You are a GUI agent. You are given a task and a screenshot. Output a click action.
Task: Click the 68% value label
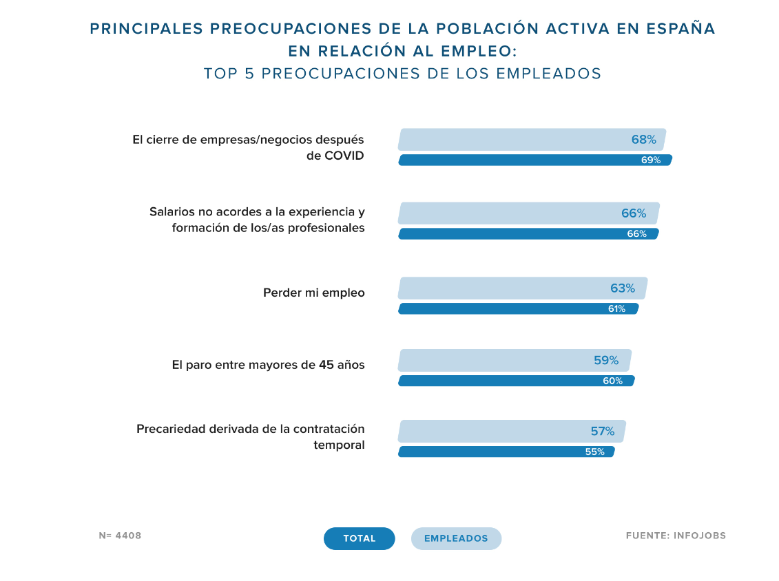(643, 140)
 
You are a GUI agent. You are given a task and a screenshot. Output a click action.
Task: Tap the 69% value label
(650, 160)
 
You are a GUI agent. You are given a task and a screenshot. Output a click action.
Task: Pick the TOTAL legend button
(360, 538)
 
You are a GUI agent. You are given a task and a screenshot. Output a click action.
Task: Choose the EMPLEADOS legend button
(456, 538)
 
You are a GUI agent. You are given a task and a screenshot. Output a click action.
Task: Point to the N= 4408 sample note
(120, 536)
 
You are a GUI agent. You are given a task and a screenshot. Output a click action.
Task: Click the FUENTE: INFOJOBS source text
(676, 536)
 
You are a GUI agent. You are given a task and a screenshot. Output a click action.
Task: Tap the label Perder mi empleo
(313, 293)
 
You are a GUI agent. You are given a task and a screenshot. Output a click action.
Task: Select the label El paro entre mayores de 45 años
(268, 365)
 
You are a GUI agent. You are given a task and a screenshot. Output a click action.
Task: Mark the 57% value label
(602, 432)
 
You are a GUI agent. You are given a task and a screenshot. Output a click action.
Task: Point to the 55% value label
(594, 452)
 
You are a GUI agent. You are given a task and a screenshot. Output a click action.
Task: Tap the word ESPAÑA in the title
(681, 28)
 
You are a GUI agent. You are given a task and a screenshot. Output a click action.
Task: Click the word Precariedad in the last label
(171, 430)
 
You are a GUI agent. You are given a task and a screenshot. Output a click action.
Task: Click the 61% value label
(616, 309)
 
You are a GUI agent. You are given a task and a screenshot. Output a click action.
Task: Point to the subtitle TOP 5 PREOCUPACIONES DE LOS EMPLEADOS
(402, 74)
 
